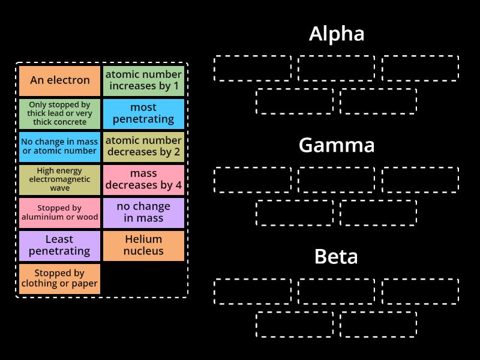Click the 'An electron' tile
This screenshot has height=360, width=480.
point(59,80)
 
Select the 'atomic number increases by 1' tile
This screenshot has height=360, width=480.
point(143,80)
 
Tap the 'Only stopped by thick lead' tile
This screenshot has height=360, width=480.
point(59,113)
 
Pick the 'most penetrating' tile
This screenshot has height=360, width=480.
point(143,113)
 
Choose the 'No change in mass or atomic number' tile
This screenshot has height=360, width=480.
point(59,146)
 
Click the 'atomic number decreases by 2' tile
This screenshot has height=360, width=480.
point(143,146)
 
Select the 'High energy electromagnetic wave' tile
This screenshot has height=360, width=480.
point(59,179)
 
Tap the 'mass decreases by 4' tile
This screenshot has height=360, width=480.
point(143,179)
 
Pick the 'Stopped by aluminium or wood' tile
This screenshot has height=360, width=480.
point(59,212)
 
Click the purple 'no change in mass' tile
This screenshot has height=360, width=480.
point(143,212)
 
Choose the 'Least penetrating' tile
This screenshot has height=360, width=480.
point(59,245)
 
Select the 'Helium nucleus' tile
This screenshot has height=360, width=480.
point(143,245)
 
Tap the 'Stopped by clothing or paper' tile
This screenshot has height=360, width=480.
point(59,278)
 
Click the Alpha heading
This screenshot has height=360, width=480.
point(337,34)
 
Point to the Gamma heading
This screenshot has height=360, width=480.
point(337,145)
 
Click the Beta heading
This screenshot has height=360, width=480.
point(337,257)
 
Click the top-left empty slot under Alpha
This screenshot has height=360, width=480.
point(253,68)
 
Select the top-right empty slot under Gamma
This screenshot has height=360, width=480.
point(421,179)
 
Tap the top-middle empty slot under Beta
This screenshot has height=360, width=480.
point(337,291)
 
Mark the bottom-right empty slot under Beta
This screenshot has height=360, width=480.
point(379,324)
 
